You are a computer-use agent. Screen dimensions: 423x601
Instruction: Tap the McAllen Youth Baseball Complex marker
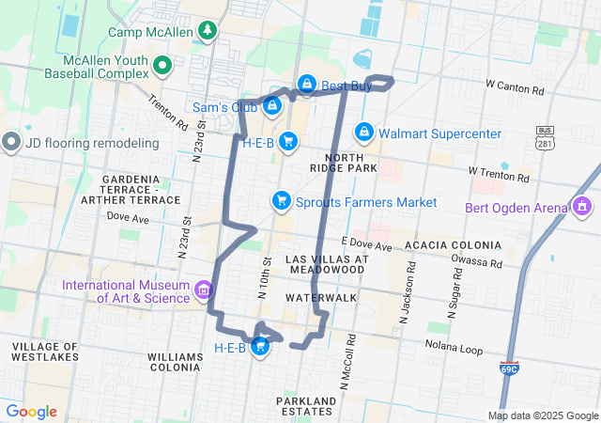tap(162, 65)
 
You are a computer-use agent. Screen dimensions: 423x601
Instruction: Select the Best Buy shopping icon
tap(307, 85)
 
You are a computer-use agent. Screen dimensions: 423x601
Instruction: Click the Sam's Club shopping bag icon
tap(271, 106)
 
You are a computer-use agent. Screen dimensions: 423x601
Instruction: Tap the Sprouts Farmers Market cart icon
tap(280, 200)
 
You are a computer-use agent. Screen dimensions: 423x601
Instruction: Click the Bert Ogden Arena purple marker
tap(582, 206)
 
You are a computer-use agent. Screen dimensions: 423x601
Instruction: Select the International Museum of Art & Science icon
tap(204, 290)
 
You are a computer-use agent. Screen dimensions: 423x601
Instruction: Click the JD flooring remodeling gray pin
tap(11, 142)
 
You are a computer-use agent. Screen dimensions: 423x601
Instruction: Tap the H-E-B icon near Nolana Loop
tap(260, 348)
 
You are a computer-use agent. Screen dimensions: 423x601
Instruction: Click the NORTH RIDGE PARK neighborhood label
tap(349, 163)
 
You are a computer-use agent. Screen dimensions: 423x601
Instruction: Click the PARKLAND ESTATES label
tap(306, 406)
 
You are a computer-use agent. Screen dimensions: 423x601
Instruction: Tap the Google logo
tap(31, 412)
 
